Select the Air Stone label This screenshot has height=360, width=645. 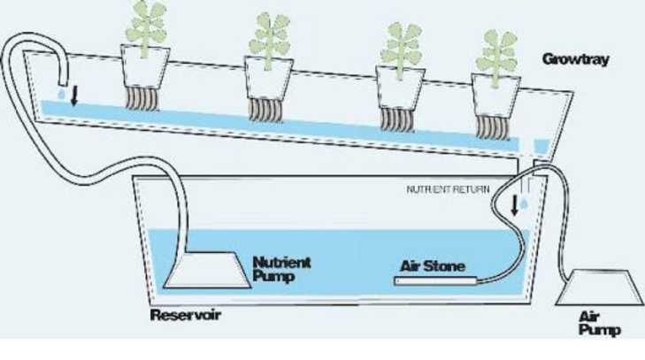click(433, 265)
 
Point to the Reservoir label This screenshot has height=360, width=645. click(186, 316)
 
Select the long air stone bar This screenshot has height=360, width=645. click(438, 281)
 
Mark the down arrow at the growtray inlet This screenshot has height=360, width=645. click(73, 95)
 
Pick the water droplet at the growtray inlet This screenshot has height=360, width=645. click(60, 93)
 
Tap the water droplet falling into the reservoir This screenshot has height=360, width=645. click(527, 204)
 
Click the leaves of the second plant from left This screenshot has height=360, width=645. click(269, 35)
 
